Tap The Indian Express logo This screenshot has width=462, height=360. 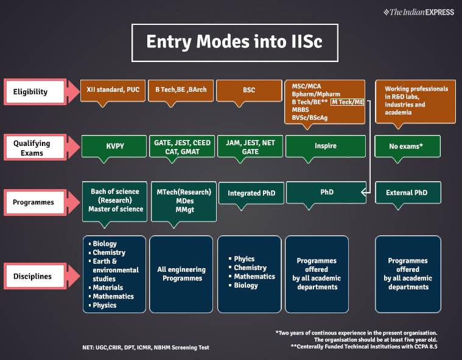click(x=419, y=12)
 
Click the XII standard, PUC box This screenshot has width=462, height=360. click(x=113, y=89)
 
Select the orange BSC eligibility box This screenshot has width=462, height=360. click(x=249, y=89)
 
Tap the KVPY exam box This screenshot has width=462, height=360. click(x=113, y=146)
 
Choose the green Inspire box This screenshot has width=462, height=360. click(x=325, y=146)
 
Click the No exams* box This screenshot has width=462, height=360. click(x=407, y=146)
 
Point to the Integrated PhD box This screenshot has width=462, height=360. click(x=251, y=193)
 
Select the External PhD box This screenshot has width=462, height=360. click(x=407, y=193)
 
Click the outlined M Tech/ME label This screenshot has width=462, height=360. click(x=348, y=103)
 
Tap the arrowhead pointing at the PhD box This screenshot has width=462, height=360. click(x=363, y=192)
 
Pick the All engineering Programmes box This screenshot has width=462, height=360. click(x=181, y=274)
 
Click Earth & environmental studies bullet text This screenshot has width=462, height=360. click(x=116, y=270)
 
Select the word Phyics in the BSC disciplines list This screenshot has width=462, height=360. click(x=244, y=259)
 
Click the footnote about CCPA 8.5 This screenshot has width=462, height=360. click(x=364, y=347)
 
